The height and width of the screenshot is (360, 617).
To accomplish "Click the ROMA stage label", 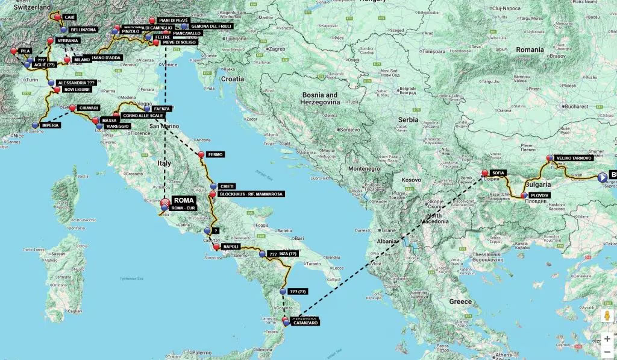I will (x=183, y=199).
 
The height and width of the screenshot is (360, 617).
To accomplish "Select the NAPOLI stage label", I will (x=231, y=247).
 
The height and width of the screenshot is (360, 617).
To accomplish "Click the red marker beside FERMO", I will (x=201, y=155).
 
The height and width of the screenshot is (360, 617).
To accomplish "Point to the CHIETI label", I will (x=227, y=186).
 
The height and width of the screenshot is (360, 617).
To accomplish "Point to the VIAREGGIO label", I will (x=117, y=126).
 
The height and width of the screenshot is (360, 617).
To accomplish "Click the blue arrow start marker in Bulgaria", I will (x=602, y=177).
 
